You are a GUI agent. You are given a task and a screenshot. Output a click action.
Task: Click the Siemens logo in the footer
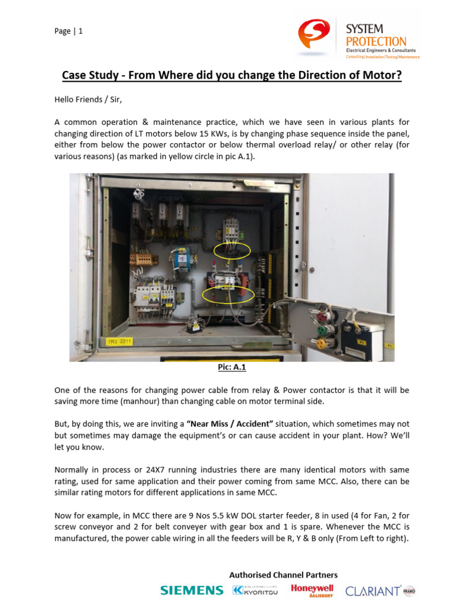click(192, 590)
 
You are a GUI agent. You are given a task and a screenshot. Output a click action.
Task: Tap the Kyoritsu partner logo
click(254, 590)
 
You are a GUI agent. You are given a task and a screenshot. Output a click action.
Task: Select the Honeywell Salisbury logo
click(312, 589)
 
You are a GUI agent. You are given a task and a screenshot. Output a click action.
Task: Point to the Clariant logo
click(372, 590)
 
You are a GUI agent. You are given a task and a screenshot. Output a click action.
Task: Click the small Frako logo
click(409, 590)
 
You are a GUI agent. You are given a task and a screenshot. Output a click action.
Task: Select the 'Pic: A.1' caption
click(232, 368)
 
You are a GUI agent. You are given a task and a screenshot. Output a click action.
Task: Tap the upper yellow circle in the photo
click(232, 251)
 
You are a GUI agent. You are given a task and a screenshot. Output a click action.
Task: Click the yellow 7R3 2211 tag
click(120, 341)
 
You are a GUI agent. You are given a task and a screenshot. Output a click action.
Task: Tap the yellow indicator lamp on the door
click(323, 343)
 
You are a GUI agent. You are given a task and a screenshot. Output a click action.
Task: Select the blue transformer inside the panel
click(183, 259)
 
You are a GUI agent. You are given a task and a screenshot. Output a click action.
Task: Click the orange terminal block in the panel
click(144, 259)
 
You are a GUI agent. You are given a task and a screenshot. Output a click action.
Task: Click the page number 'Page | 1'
click(69, 31)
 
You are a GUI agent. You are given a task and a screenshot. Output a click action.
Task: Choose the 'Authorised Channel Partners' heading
click(283, 575)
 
